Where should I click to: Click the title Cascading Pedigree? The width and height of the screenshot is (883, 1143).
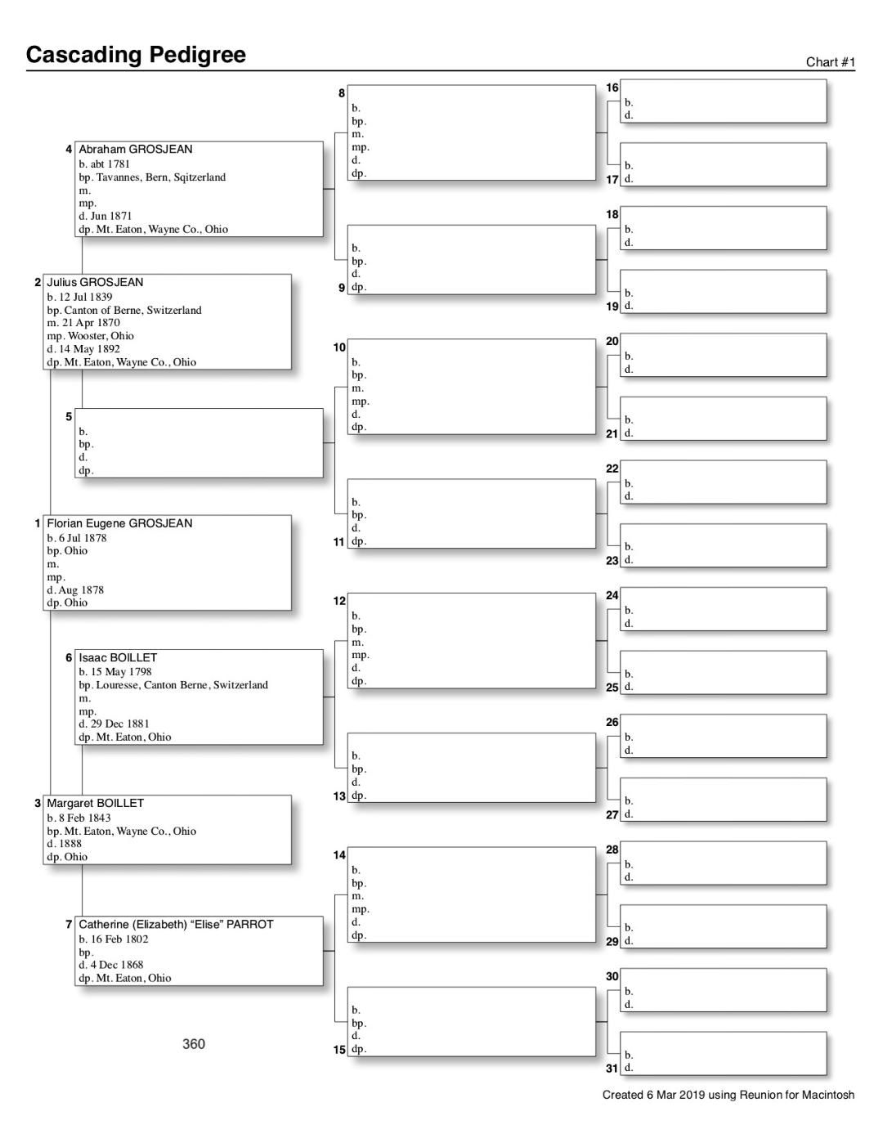136,55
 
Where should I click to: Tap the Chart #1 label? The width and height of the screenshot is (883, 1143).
830,62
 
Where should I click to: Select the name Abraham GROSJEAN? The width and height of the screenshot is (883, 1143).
136,150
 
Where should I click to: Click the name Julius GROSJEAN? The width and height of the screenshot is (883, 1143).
95,283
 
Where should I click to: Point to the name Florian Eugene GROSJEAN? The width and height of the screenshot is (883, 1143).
119,523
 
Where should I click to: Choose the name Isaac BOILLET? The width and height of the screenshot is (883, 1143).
118,657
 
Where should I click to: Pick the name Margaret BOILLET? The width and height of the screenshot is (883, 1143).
95,804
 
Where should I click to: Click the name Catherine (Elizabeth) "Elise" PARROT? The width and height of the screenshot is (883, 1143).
176,925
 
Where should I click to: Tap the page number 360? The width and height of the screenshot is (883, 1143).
194,1044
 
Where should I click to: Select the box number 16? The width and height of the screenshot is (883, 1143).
612,87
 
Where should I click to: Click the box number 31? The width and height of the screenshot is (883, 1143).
612,1068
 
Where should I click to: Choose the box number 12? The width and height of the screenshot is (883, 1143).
339,601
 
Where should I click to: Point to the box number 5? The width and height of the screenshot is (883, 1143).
69,417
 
